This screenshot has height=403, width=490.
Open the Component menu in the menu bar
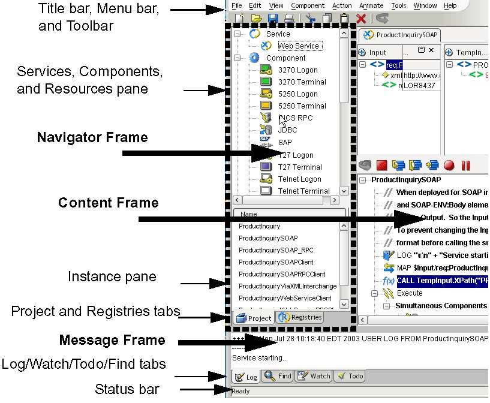(308, 5)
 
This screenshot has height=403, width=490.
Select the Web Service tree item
(299, 46)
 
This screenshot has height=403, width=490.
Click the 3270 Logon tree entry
(297, 70)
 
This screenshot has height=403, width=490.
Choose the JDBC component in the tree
(287, 130)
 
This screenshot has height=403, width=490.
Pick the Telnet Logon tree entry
(299, 179)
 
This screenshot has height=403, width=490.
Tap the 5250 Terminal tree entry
(302, 106)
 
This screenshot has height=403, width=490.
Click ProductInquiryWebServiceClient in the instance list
(285, 298)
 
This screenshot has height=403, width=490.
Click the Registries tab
(299, 318)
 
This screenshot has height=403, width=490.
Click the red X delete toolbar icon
(361, 19)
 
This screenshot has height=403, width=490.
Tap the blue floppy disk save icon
(273, 19)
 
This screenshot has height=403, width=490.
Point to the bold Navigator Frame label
(92, 137)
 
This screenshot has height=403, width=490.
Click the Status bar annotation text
(127, 389)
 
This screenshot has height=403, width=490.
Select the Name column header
(248, 213)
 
